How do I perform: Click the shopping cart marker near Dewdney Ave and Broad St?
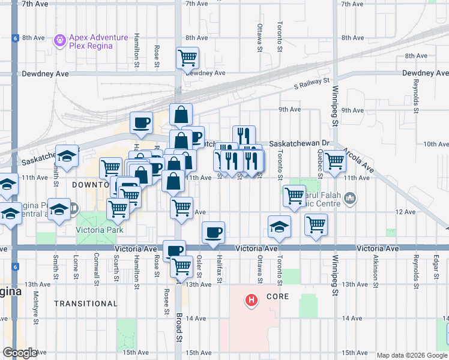(x=187, y=58)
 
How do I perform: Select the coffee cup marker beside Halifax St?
(x=213, y=232)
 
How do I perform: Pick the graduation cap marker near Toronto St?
(x=280, y=226)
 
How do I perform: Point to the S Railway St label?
(x=312, y=80)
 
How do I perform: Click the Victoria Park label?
(x=95, y=230)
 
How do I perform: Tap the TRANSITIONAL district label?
(x=86, y=304)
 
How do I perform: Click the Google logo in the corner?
(x=20, y=353)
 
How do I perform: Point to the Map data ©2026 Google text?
(x=411, y=355)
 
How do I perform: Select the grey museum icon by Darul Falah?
(x=351, y=197)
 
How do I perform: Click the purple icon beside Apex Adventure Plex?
(x=59, y=41)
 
